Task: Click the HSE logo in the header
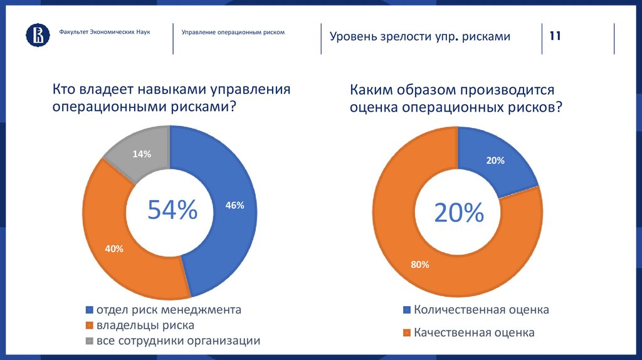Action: click(x=37, y=35)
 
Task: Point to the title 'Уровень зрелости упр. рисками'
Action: click(x=420, y=36)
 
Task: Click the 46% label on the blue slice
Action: click(x=234, y=205)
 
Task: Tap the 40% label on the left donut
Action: click(x=114, y=249)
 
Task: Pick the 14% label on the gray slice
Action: click(x=142, y=154)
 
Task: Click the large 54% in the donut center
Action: click(x=172, y=210)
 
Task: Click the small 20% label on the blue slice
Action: click(x=495, y=161)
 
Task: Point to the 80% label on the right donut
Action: click(x=420, y=265)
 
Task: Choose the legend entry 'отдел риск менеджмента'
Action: click(x=167, y=310)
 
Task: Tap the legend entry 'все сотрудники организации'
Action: click(x=177, y=341)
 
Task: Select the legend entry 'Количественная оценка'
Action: click(x=481, y=310)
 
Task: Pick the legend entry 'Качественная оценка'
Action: click(x=474, y=332)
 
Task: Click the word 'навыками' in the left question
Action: click(x=164, y=89)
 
